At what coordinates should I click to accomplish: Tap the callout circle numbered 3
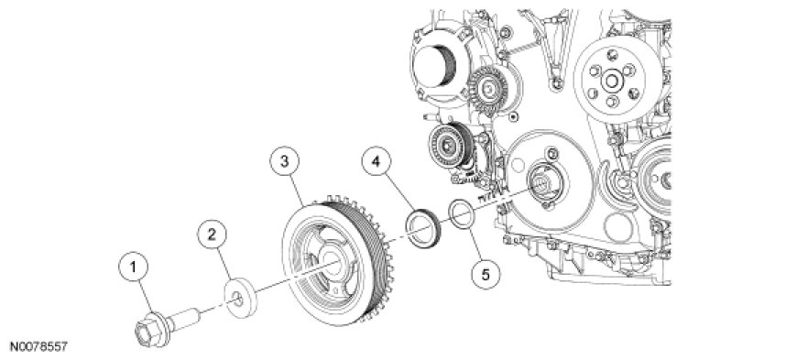click(285, 162)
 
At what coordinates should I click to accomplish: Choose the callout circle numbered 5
click(486, 275)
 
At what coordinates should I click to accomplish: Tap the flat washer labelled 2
click(241, 298)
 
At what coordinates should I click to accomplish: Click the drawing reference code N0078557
click(38, 348)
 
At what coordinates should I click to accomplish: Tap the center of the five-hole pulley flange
click(610, 79)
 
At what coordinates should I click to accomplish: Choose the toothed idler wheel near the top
click(488, 89)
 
